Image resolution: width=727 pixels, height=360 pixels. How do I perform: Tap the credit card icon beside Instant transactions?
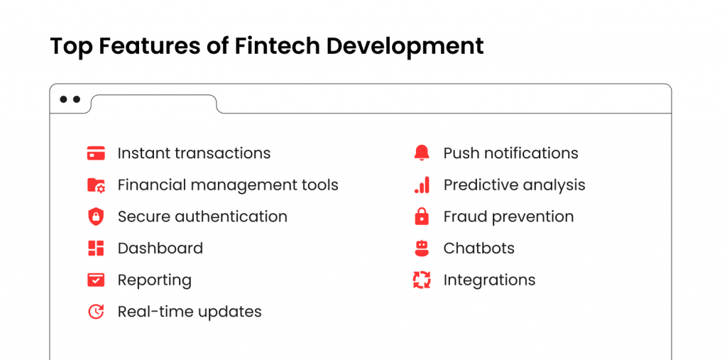(96, 153)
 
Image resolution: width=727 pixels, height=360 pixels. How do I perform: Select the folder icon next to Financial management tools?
(96, 185)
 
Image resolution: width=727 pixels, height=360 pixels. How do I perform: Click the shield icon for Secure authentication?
(96, 217)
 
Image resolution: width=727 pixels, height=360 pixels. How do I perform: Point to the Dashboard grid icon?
(96, 249)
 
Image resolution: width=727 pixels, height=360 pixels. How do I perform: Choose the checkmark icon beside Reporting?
(96, 280)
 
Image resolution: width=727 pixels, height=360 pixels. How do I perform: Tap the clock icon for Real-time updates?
(96, 311)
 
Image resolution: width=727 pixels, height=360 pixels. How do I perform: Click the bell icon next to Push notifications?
(422, 153)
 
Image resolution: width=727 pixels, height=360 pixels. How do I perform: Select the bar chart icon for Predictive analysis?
(422, 185)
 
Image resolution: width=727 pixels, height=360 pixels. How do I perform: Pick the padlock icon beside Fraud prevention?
(422, 217)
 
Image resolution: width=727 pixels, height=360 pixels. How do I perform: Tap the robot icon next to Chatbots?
(422, 249)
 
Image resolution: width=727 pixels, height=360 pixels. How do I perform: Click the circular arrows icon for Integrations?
(422, 280)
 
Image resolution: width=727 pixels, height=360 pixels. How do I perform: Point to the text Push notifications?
(511, 153)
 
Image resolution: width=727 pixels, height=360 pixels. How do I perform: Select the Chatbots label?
(479, 249)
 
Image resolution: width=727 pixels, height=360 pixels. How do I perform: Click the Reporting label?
(154, 280)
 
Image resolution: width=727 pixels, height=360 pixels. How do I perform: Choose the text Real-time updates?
(190, 312)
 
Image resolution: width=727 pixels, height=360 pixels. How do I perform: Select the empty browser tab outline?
(154, 104)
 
